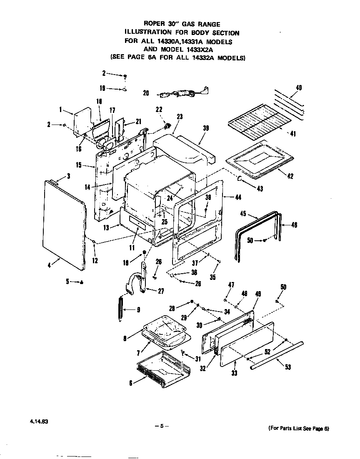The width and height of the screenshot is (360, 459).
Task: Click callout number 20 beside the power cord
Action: pyautogui.click(x=146, y=93)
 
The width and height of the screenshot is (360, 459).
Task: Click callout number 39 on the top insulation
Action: pyautogui.click(x=205, y=128)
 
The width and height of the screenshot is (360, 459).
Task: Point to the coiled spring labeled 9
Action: pyautogui.click(x=120, y=309)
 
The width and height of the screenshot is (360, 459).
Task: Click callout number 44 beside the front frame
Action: pyautogui.click(x=238, y=197)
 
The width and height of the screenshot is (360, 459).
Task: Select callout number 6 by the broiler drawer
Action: pyautogui.click(x=131, y=383)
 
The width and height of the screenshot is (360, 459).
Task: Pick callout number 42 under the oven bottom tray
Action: pyautogui.click(x=290, y=176)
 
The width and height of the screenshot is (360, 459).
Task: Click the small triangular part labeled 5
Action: pyautogui.click(x=81, y=282)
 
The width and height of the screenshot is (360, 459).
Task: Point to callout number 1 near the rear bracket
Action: pyautogui.click(x=60, y=110)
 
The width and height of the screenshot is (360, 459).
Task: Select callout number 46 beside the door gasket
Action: pyautogui.click(x=294, y=225)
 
